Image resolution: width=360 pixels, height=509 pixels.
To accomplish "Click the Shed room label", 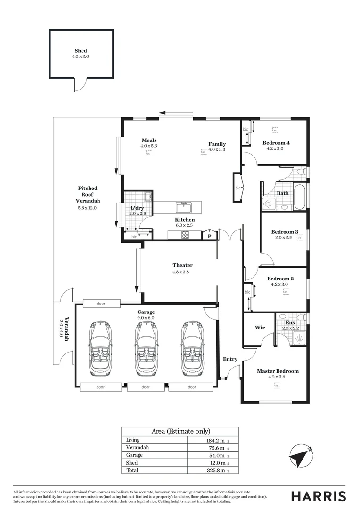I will (81, 50).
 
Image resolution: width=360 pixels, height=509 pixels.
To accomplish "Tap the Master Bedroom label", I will (278, 371).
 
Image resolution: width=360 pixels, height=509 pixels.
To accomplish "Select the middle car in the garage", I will (146, 348).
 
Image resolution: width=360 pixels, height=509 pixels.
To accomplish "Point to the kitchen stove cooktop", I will (185, 235).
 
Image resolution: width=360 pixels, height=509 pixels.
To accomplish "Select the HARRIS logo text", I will (318, 496).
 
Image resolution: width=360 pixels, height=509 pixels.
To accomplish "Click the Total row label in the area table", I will (132, 470).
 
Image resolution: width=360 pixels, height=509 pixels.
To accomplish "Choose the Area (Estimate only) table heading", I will (180, 431).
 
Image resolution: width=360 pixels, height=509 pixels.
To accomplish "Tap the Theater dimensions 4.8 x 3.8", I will (182, 271).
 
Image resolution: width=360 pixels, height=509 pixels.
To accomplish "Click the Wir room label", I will (259, 327).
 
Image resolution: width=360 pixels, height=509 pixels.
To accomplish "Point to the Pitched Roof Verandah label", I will (88, 194).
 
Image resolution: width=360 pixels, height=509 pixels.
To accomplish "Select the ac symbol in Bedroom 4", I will (275, 130).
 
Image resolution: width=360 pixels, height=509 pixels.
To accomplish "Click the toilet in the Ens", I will (281, 317).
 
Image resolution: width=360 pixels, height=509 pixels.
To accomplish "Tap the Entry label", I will (230, 359).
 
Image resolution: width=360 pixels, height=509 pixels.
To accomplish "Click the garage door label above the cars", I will (101, 304).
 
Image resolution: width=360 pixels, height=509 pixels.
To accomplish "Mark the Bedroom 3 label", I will (285, 231).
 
